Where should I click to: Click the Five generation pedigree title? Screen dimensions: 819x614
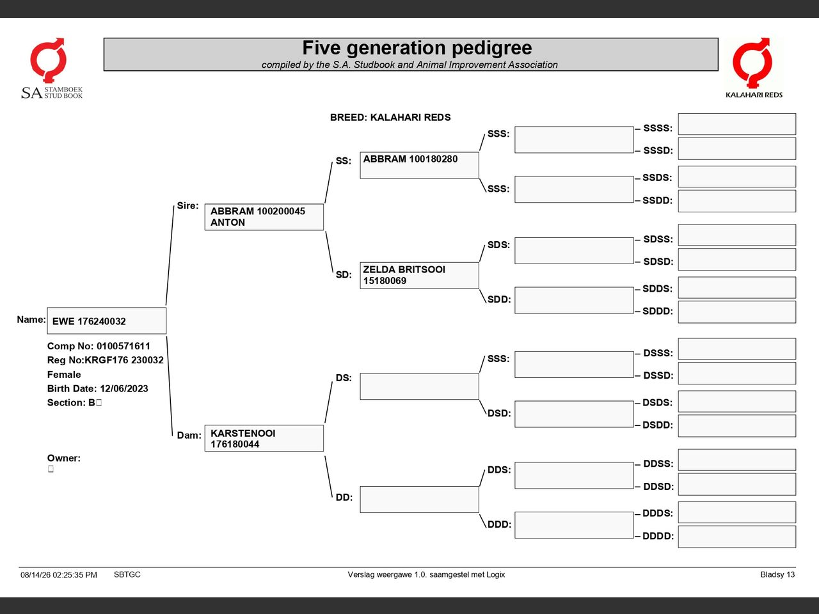[417, 48]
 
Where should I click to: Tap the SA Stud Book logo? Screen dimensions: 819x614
[51, 68]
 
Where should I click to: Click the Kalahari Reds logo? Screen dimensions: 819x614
[754, 68]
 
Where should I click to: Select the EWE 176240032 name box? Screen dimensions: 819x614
[107, 320]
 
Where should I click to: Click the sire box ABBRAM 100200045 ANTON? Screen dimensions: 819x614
[264, 217]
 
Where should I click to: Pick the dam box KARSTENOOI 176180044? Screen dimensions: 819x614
[264, 438]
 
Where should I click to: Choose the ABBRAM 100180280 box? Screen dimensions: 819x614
[419, 165]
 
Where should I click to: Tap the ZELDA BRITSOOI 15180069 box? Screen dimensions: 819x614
[419, 276]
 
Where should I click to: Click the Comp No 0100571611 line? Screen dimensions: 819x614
[99, 346]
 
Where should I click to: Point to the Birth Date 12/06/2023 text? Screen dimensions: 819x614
[97, 388]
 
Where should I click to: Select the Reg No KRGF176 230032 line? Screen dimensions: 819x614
[105, 360]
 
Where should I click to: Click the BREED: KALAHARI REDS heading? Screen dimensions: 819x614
[390, 118]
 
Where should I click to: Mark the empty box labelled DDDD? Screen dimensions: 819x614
[737, 537]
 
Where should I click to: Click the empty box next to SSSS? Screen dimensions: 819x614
[737, 124]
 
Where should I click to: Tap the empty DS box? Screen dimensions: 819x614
[419, 386]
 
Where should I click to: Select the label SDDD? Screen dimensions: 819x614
[657, 311]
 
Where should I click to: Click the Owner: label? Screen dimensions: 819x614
[64, 458]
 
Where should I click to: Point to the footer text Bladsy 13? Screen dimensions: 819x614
[777, 574]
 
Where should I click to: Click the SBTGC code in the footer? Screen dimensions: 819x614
[127, 574]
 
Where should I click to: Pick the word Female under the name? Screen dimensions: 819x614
[64, 374]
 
